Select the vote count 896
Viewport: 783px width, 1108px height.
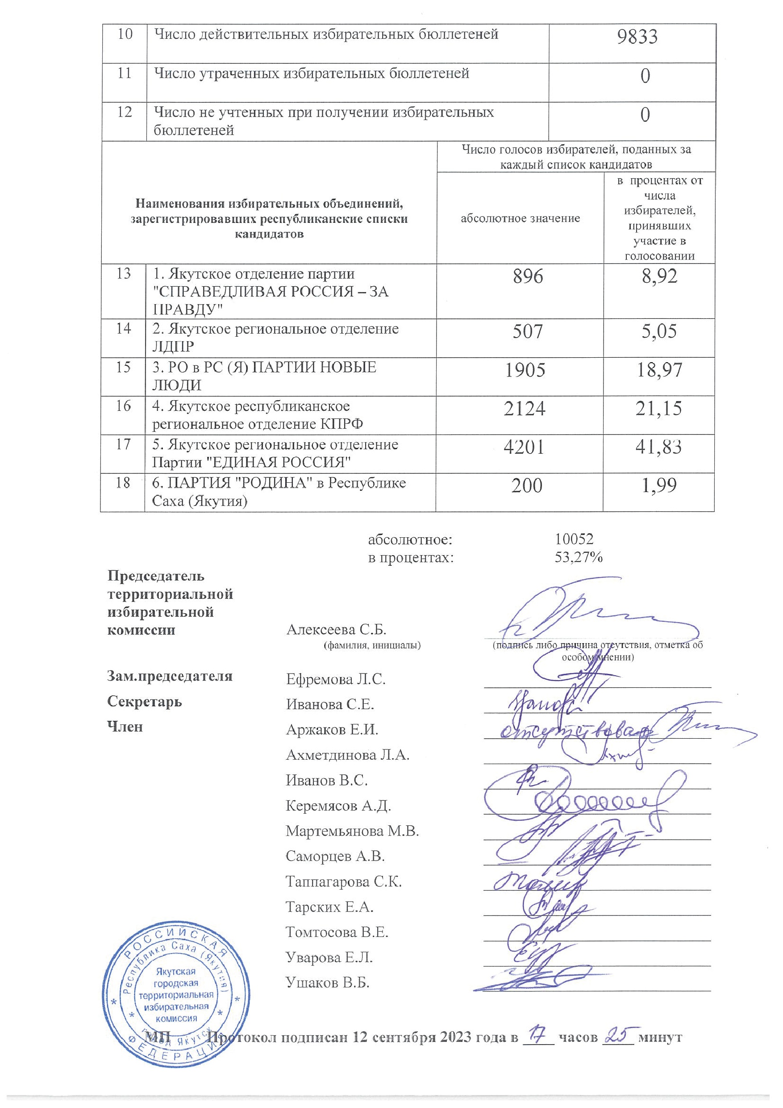tap(528, 276)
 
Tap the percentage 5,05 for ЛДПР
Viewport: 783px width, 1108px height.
tap(658, 331)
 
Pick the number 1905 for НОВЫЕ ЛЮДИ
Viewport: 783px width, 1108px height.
tap(525, 370)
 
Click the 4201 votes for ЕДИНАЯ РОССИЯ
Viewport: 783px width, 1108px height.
tap(524, 447)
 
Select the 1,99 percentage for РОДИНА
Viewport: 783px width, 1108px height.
tap(658, 485)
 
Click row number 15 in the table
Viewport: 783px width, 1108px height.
tap(123, 367)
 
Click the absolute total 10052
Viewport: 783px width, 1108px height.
tap(574, 539)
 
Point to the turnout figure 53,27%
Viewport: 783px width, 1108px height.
tap(579, 557)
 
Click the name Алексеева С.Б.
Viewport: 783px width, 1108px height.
tap(336, 629)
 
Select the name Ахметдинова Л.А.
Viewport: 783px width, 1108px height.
tap(347, 755)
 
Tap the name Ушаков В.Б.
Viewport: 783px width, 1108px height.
tap(327, 983)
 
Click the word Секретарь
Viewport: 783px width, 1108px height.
tap(144, 701)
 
